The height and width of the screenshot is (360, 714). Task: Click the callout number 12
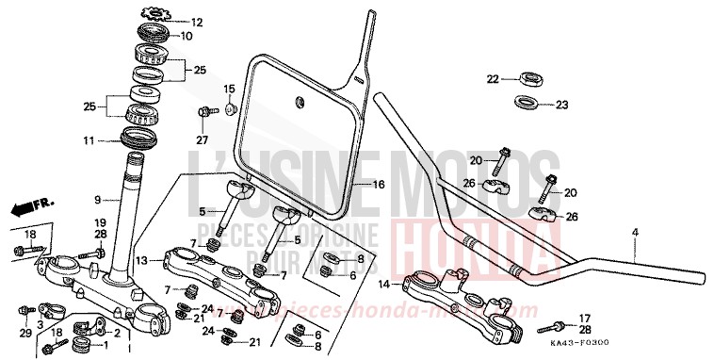(x=197, y=21)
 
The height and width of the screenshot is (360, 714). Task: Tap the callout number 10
(x=186, y=36)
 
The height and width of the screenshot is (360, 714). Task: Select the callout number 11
(x=88, y=140)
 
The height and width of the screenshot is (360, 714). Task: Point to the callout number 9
(x=96, y=199)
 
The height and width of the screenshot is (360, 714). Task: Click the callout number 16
(x=380, y=185)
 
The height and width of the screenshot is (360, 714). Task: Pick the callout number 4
(x=635, y=231)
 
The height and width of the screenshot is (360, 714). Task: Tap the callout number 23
(x=561, y=105)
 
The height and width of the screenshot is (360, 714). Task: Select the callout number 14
(x=384, y=283)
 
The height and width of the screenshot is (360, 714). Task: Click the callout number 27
(x=201, y=140)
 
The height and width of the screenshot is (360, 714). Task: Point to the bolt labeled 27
(x=203, y=115)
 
